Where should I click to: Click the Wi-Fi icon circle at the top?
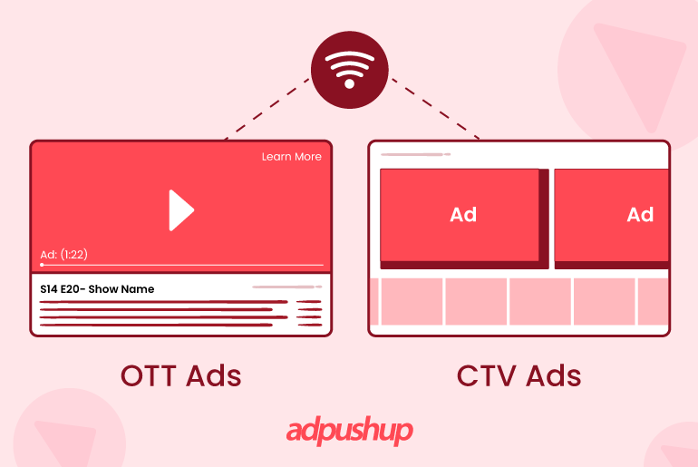pos(349,70)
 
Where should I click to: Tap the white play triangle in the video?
pos(180,210)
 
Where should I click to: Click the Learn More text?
pos(291,157)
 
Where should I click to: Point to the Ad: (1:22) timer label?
pos(63,254)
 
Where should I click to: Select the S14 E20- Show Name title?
pos(97,289)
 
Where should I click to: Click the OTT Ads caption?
pos(180,375)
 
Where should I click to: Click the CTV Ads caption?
pos(519,375)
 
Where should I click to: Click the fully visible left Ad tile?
pos(463,215)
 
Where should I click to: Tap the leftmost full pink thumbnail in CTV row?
pos(412,301)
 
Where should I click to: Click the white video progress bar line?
pos(181,265)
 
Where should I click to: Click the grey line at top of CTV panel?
pos(415,155)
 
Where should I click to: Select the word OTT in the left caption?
pos(148,375)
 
